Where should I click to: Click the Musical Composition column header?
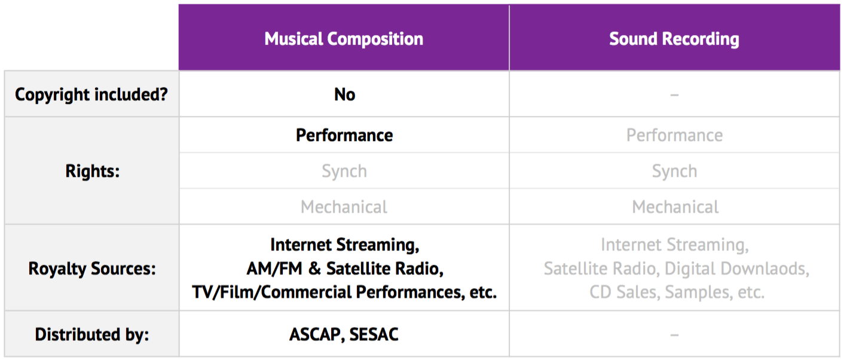point(344,39)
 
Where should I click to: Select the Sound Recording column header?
point(674,39)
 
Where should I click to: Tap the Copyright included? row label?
point(91,94)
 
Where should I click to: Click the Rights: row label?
point(92,171)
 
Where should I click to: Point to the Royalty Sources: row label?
point(92,269)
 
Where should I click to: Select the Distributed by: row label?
point(92,334)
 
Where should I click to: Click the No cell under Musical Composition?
point(344,94)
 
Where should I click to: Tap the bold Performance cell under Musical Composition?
point(344,135)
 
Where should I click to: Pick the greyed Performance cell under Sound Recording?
point(674,135)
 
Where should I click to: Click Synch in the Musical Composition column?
point(344,171)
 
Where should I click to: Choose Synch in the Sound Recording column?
point(674,171)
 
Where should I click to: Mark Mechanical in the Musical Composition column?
point(344,206)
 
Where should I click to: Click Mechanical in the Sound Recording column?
point(675,206)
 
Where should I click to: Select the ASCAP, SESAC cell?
point(344,334)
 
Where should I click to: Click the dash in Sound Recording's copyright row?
point(674,94)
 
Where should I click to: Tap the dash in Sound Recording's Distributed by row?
point(674,334)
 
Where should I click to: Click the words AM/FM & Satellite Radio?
point(345,269)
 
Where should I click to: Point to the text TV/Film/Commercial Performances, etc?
point(344,292)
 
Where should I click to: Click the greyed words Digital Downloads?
point(736,269)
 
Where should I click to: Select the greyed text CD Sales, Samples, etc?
point(677,292)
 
